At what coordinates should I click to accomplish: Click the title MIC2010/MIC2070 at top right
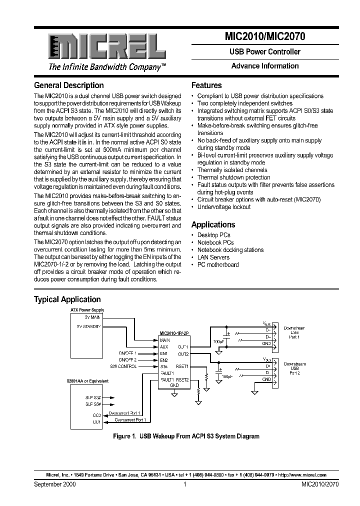coord(265,36)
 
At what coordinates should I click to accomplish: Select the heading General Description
coord(68,85)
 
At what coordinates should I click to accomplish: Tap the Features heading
coord(206,85)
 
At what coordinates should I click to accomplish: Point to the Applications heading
coord(213,225)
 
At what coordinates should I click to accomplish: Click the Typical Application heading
coord(67,299)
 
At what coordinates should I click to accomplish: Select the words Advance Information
coord(265,66)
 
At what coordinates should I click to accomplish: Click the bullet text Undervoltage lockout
coord(224,207)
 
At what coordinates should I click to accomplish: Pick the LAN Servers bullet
coord(213,257)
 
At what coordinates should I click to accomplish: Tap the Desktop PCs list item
coord(213,235)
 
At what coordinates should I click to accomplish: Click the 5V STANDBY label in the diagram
coord(89,326)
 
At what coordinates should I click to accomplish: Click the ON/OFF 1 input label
coord(127,353)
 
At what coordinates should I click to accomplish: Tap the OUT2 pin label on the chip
coord(183,353)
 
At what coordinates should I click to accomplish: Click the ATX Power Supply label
coord(87,310)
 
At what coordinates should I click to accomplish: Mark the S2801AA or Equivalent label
coord(87,381)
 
